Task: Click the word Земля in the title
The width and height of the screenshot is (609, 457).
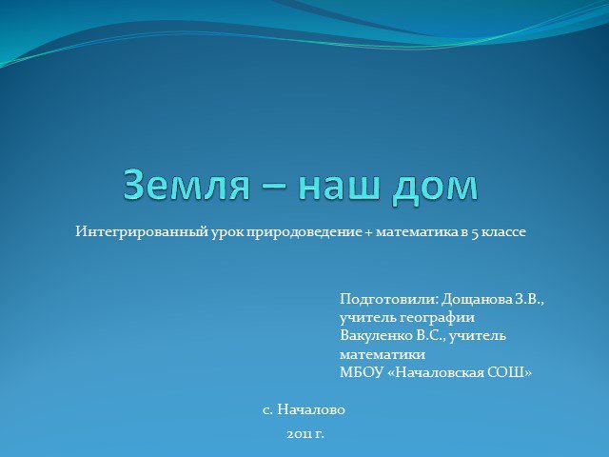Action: point(187,185)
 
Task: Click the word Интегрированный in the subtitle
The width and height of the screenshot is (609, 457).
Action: point(142,232)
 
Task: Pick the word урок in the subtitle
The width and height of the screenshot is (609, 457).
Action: point(227,233)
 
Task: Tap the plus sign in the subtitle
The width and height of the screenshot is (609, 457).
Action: point(368,232)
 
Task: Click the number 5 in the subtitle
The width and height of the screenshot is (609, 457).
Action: point(475,233)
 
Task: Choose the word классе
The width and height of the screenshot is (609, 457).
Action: point(503,232)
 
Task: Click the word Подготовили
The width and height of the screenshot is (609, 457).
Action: point(389,300)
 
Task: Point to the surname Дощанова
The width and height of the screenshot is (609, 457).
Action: point(477,300)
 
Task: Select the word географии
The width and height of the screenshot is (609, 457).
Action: point(437,318)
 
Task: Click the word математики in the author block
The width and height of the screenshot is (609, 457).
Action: point(383,355)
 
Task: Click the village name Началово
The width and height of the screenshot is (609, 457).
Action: point(311,410)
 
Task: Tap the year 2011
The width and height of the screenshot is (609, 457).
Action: point(300,434)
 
